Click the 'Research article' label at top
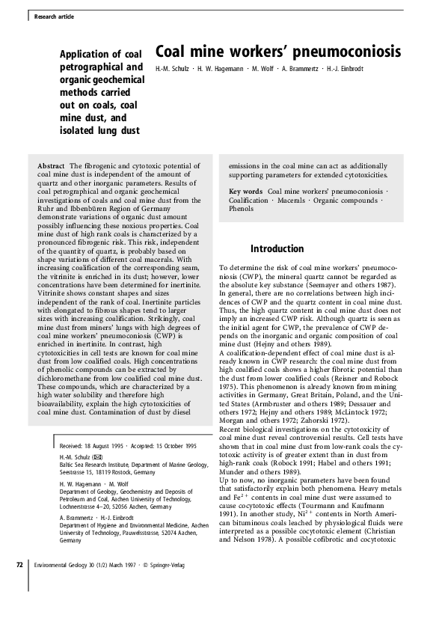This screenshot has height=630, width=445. point(54,16)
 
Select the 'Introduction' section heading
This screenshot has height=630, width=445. point(277,248)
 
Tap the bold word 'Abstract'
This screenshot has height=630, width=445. point(51,165)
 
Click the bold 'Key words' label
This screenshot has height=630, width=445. point(246,192)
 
